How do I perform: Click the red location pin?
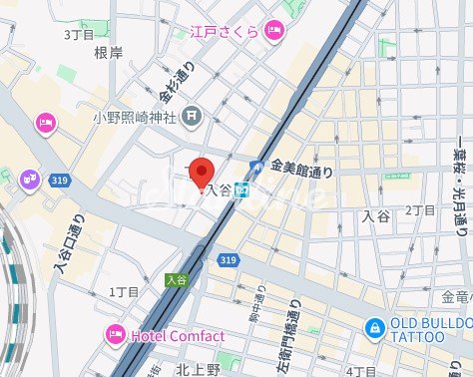tap(203, 173)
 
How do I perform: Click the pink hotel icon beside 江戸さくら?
tap(274, 33)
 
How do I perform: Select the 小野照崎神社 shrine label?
tap(135, 118)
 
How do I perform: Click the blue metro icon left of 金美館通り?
tap(256, 170)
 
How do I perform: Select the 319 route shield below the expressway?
tap(229, 260)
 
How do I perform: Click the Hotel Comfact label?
tap(177, 336)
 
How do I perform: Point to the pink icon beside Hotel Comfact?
tap(115, 335)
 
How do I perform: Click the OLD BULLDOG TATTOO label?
tap(431, 330)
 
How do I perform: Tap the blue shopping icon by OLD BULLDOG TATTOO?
tap(373, 326)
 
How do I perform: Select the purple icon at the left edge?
tap(29, 179)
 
